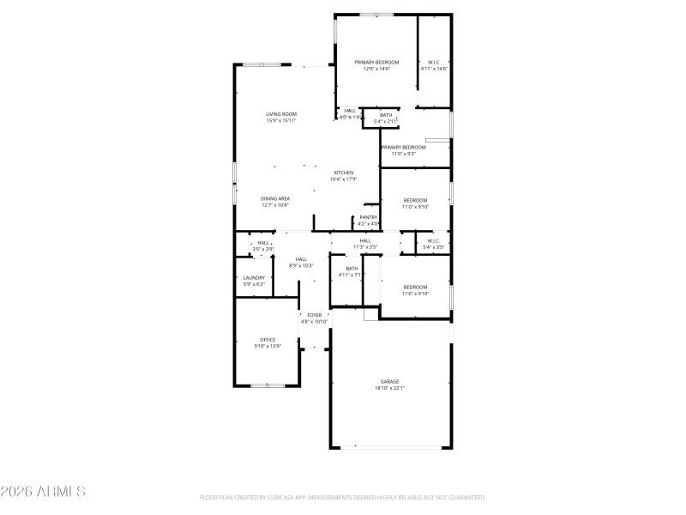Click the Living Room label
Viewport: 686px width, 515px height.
tap(281, 114)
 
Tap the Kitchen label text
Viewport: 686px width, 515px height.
tap(343, 173)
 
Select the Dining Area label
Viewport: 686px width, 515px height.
tap(275, 198)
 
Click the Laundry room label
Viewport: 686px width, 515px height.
tap(254, 277)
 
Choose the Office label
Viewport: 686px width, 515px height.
tap(268, 339)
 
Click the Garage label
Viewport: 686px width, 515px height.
tap(389, 381)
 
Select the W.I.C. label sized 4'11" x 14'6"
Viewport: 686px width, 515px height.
tap(435, 62)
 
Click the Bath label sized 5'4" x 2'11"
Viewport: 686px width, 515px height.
tap(386, 115)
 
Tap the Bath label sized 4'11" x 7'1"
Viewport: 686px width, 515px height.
tap(352, 269)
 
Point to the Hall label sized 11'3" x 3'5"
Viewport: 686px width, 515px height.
tap(365, 240)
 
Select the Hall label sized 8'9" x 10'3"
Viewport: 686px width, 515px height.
tap(301, 259)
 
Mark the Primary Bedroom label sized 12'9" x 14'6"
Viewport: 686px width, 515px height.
tap(376, 62)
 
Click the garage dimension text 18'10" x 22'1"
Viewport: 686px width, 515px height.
tap(389, 388)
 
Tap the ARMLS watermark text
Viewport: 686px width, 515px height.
tap(43, 492)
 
